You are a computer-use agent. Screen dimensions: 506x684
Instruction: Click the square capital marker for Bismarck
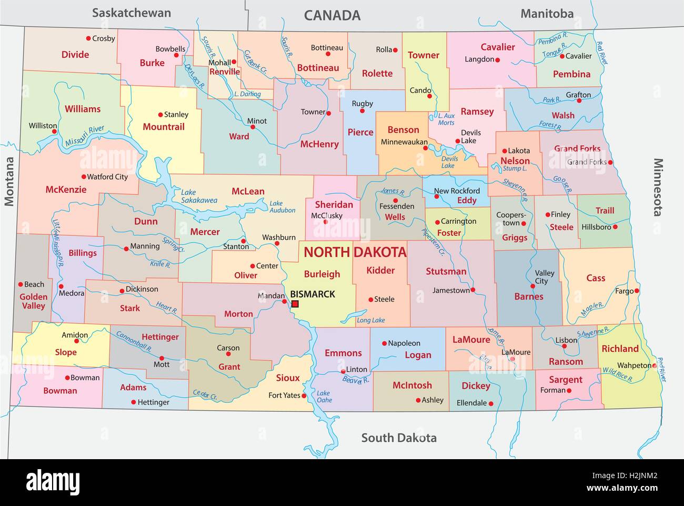pyautogui.click(x=295, y=304)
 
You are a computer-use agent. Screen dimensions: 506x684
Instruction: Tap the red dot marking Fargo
pyautogui.click(x=637, y=291)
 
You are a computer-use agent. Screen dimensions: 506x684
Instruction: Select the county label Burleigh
pyautogui.click(x=322, y=274)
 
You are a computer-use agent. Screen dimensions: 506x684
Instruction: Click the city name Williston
pyautogui.click(x=43, y=125)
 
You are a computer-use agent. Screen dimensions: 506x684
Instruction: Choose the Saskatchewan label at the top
pyautogui.click(x=132, y=13)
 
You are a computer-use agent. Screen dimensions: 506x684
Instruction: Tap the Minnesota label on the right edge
pyautogui.click(x=658, y=187)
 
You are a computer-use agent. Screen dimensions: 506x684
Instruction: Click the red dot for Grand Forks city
pyautogui.click(x=611, y=162)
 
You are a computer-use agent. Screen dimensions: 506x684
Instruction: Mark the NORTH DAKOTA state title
pyautogui.click(x=355, y=252)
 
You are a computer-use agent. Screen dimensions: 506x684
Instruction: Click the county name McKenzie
pyautogui.click(x=66, y=190)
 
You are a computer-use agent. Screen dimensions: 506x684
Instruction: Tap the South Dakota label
pyautogui.click(x=398, y=438)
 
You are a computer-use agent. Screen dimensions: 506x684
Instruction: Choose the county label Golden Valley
pyautogui.click(x=34, y=301)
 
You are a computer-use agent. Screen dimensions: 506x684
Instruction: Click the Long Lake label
pyautogui.click(x=370, y=320)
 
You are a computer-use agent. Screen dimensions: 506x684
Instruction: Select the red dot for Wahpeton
pyautogui.click(x=655, y=365)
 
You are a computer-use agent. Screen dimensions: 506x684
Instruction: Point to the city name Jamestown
pyautogui.click(x=451, y=290)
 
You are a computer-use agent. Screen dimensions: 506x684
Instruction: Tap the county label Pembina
pyautogui.click(x=571, y=74)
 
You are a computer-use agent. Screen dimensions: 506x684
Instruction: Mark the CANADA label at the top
pyautogui.click(x=333, y=15)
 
